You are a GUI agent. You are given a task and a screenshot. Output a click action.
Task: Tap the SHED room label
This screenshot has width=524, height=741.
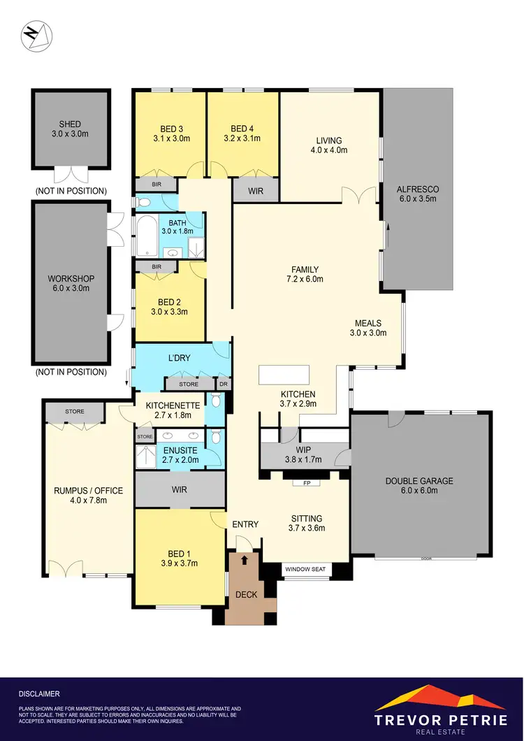(x=70, y=120)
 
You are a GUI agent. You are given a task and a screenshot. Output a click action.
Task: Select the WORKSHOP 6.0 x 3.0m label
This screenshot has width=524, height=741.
(x=70, y=282)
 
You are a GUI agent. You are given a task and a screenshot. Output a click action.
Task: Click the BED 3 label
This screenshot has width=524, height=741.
(x=171, y=129)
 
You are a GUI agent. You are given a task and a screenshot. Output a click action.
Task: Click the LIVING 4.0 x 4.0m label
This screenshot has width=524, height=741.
(x=329, y=145)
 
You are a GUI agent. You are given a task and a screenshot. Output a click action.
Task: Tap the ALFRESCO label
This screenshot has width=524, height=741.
(x=416, y=194)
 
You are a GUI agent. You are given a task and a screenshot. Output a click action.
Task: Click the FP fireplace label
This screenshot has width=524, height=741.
(x=306, y=483)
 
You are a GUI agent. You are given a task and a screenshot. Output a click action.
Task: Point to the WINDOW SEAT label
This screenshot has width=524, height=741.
(x=305, y=570)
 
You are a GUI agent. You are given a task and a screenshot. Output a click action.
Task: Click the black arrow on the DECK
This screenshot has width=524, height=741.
(x=245, y=560)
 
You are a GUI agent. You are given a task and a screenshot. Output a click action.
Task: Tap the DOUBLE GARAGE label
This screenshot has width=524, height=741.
(x=419, y=485)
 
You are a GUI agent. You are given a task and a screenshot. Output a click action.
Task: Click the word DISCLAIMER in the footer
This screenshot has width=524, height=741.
(x=39, y=694)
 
